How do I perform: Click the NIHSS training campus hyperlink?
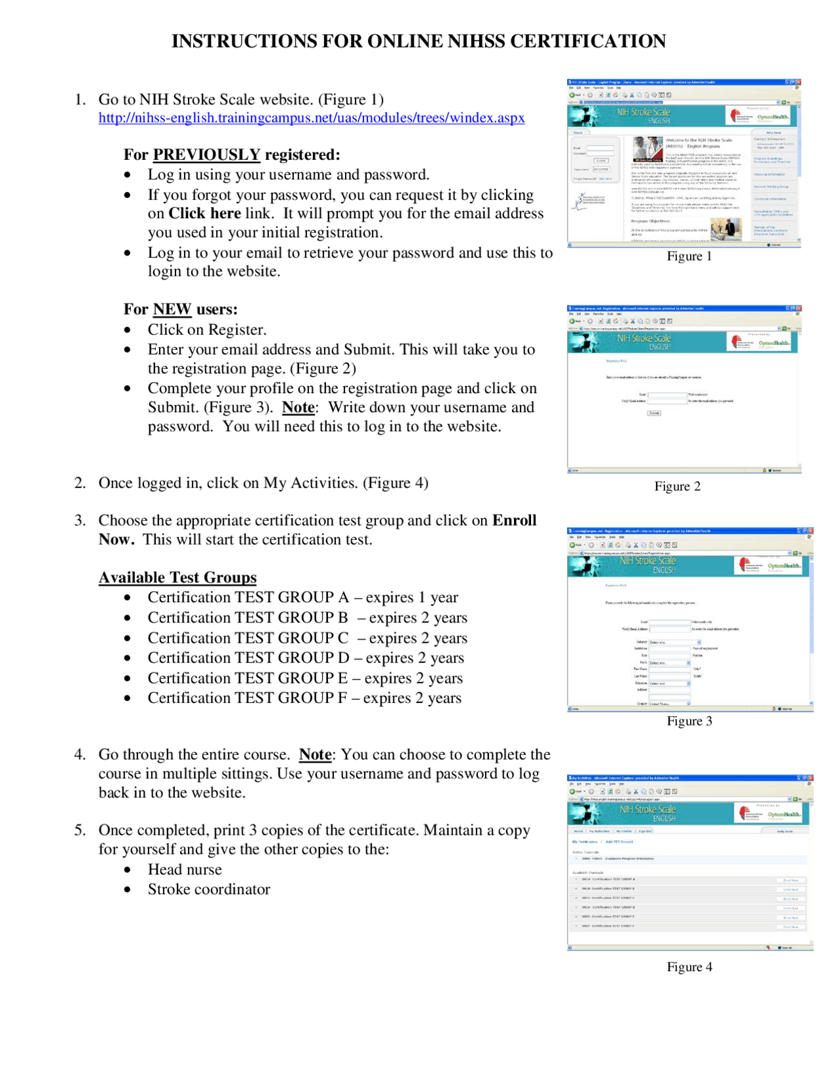(x=311, y=118)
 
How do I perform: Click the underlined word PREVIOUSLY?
(x=206, y=155)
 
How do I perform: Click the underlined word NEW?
(x=172, y=309)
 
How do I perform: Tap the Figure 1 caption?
(x=689, y=256)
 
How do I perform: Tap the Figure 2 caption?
(x=677, y=486)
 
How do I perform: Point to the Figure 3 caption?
(x=689, y=721)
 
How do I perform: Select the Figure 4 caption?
(x=689, y=967)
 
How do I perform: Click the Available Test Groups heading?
(x=177, y=577)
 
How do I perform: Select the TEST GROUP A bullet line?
(x=302, y=598)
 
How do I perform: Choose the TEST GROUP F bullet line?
(x=304, y=698)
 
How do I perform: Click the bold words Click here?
(x=204, y=214)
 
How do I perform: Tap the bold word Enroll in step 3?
(x=514, y=520)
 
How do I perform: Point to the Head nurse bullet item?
(x=185, y=869)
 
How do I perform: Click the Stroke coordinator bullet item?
(x=209, y=889)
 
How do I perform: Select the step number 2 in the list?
(x=80, y=483)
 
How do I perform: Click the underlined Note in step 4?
(x=315, y=755)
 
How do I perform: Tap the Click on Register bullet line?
(x=207, y=330)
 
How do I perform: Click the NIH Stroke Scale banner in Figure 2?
(x=644, y=341)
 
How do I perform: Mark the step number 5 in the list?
(x=80, y=830)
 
